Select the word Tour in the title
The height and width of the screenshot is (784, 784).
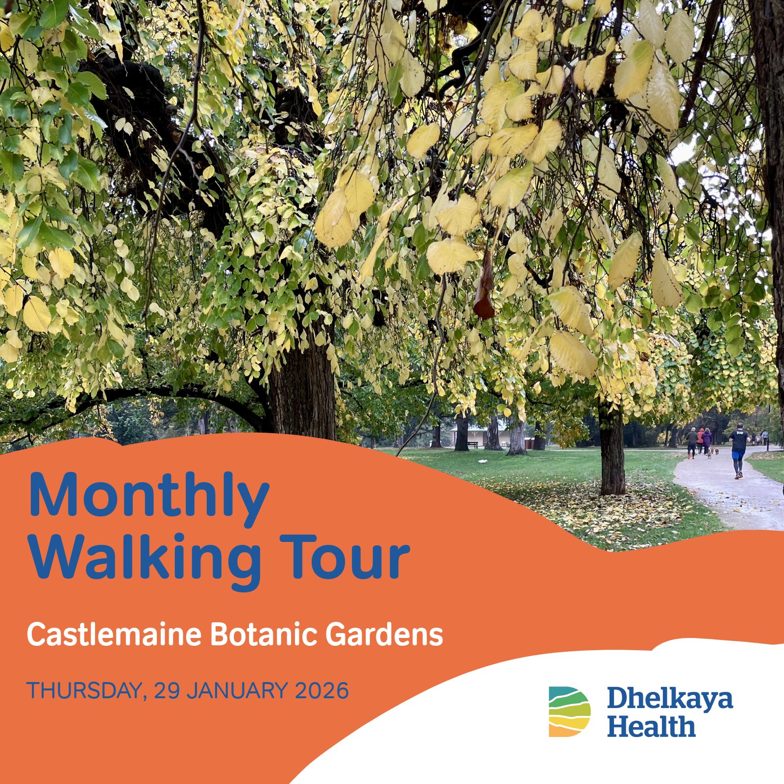[x=344, y=556]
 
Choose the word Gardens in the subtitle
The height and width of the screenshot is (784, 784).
[x=384, y=635]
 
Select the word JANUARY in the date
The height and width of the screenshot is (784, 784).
[x=237, y=690]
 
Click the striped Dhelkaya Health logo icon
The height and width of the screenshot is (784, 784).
[x=569, y=711]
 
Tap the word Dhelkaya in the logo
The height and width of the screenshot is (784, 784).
[x=670, y=700]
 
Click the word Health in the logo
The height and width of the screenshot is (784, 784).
[x=651, y=726]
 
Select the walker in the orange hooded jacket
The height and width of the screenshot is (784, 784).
[x=700, y=440]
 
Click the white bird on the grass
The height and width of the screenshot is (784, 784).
[x=483, y=461]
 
